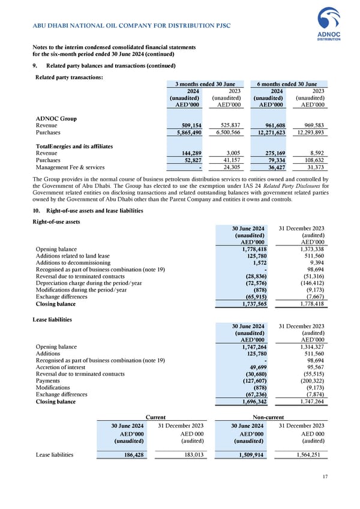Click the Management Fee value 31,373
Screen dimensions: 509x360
pyautogui.click(x=312, y=167)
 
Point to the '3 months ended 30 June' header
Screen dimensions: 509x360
pyautogui.click(x=204, y=84)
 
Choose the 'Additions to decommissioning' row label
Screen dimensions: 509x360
pyautogui.click(x=73, y=263)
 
